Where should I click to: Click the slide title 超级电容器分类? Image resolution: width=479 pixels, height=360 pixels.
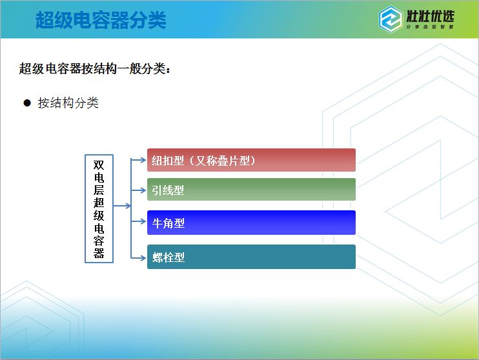(101, 20)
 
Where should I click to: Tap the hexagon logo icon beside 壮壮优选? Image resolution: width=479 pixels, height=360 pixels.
(390, 19)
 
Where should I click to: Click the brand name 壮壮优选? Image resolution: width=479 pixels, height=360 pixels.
(430, 16)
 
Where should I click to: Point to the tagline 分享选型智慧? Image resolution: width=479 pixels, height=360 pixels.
(430, 27)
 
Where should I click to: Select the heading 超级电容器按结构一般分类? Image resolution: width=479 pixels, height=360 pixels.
(94, 68)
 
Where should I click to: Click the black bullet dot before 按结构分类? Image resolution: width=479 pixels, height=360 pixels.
(27, 103)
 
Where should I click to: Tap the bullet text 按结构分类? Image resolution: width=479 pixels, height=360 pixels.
(68, 103)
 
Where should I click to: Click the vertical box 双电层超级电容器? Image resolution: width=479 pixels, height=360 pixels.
(99, 208)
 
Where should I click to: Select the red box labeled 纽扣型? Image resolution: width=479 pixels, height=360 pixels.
(251, 160)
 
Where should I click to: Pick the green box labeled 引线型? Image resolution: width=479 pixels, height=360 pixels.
(251, 190)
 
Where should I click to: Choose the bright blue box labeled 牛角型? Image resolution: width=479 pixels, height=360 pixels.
(251, 223)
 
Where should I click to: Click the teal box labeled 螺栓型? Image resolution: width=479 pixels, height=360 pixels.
(251, 257)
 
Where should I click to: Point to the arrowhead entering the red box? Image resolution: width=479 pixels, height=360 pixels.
(143, 160)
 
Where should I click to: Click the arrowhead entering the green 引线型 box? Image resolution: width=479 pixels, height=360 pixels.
(143, 190)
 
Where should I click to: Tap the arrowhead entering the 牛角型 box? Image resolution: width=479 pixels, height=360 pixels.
(143, 221)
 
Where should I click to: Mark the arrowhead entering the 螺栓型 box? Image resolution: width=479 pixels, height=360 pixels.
(143, 258)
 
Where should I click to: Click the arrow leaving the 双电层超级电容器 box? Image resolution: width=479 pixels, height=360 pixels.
(122, 206)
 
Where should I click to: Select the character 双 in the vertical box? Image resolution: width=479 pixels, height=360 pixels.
(99, 165)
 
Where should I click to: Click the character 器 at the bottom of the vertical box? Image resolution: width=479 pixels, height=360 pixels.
(99, 253)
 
